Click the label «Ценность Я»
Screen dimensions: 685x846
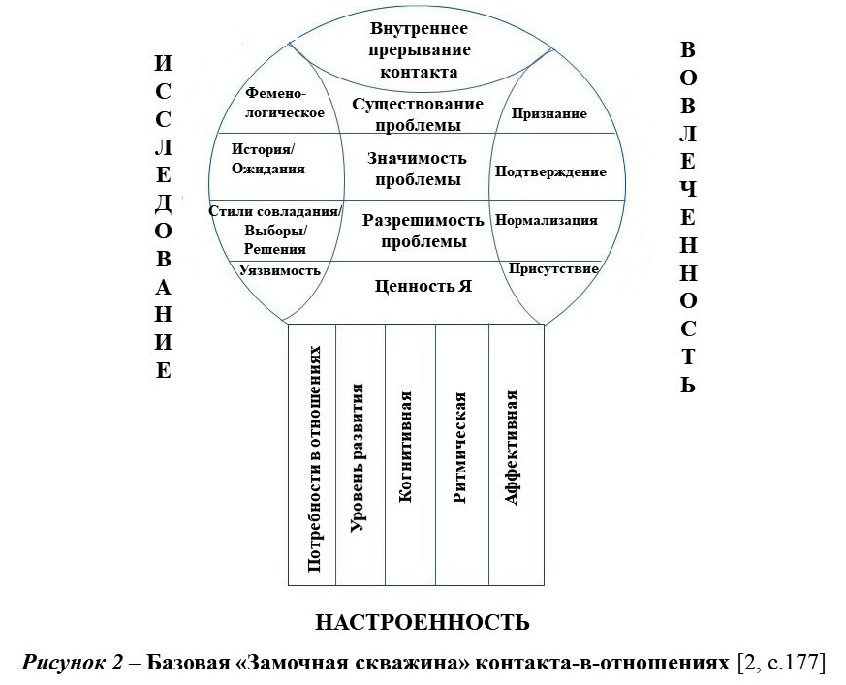(423, 286)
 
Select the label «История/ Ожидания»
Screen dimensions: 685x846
(268, 159)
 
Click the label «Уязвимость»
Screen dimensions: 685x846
(280, 270)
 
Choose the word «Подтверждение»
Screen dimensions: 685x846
(550, 171)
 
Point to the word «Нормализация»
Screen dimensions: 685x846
(546, 220)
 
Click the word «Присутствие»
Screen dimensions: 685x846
(553, 267)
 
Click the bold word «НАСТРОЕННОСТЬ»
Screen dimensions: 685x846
(423, 621)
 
